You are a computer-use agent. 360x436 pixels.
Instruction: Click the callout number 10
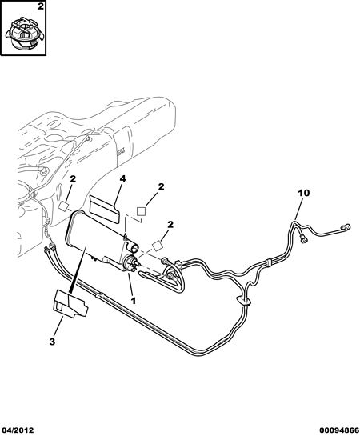(304, 193)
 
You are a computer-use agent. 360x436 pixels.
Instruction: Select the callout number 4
(122, 178)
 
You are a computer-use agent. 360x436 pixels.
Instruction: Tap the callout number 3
(52, 342)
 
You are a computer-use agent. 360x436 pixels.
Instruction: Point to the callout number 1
(133, 301)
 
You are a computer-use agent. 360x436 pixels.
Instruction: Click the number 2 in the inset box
(41, 6)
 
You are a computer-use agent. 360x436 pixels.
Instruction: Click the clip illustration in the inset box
(25, 34)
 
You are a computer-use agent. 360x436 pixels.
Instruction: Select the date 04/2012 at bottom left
(17, 430)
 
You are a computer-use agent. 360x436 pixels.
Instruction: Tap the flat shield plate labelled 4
(105, 209)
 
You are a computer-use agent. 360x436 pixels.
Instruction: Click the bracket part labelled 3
(70, 303)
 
